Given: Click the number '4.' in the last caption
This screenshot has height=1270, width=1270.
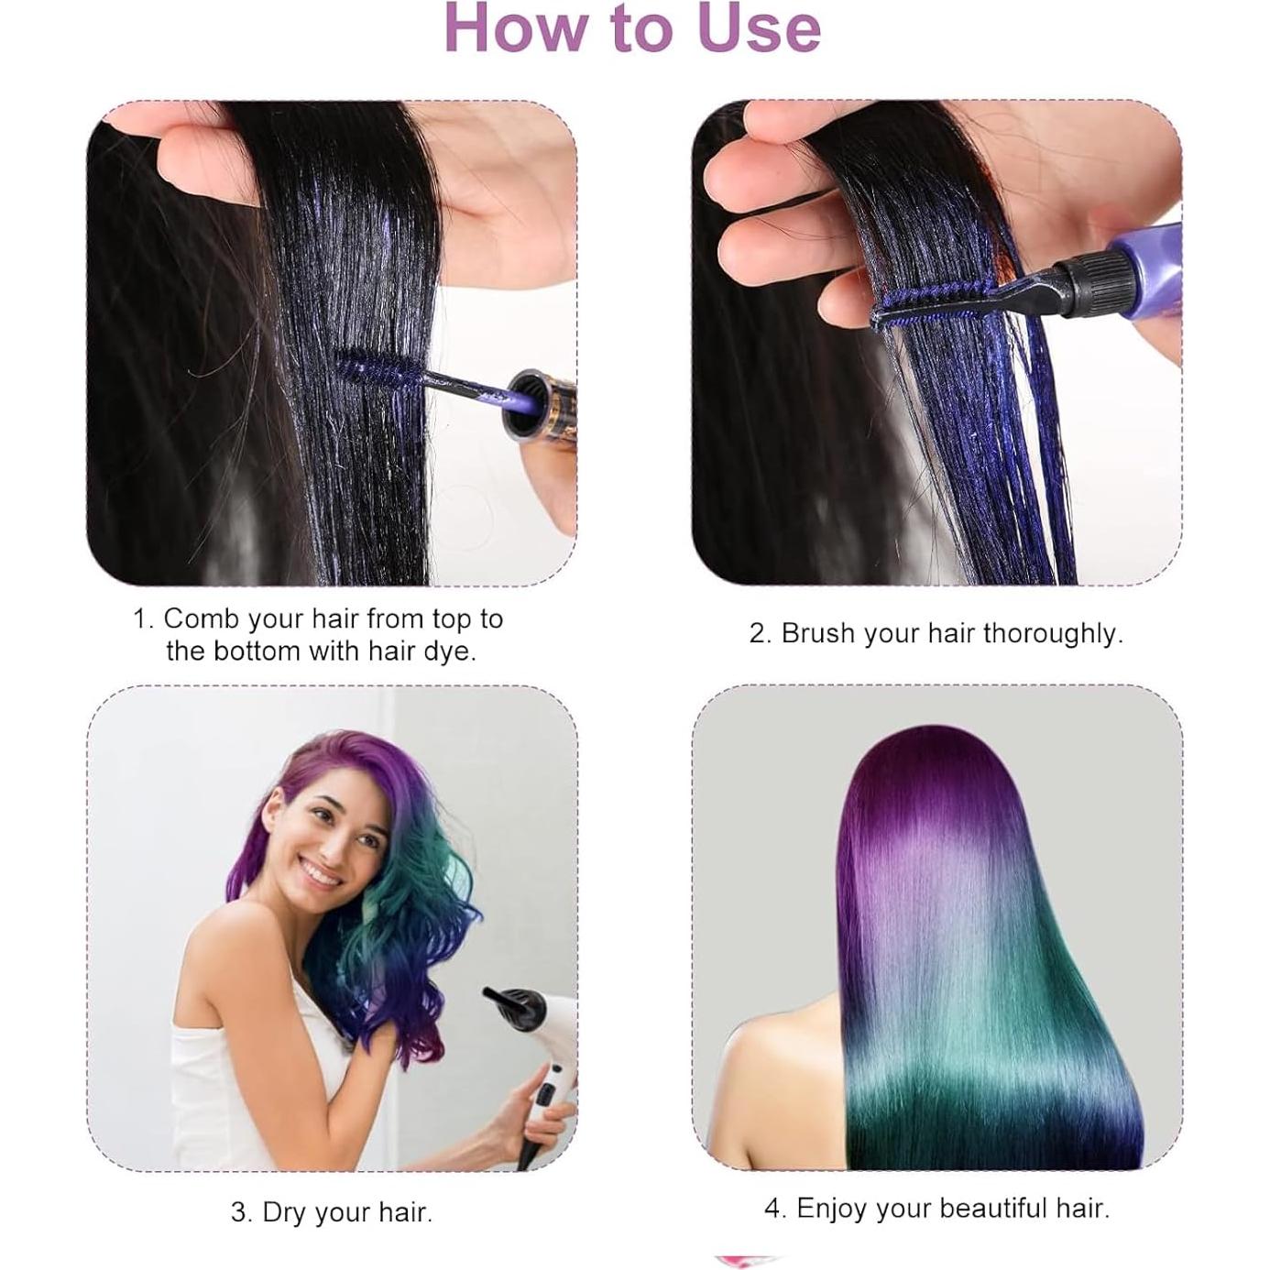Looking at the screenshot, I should click(775, 1208).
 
